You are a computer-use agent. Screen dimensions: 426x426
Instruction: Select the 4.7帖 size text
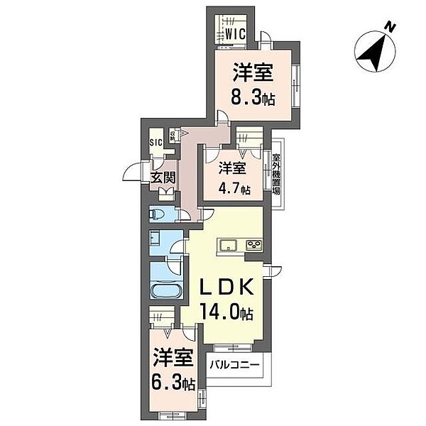pyautogui.click(x=234, y=190)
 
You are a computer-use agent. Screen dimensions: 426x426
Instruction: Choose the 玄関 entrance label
pyautogui.click(x=163, y=177)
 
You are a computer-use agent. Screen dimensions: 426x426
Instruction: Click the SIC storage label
pyautogui.click(x=156, y=142)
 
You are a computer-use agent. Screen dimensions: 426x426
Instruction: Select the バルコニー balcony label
pyautogui.click(x=236, y=367)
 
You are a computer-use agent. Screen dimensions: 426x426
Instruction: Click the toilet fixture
pyautogui.click(x=157, y=214)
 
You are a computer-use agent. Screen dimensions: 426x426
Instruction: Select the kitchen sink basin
pyautogui.click(x=228, y=246)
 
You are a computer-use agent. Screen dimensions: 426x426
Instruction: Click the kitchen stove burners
pyautogui.click(x=253, y=246)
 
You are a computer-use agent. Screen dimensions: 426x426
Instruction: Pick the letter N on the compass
pyautogui.click(x=389, y=28)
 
